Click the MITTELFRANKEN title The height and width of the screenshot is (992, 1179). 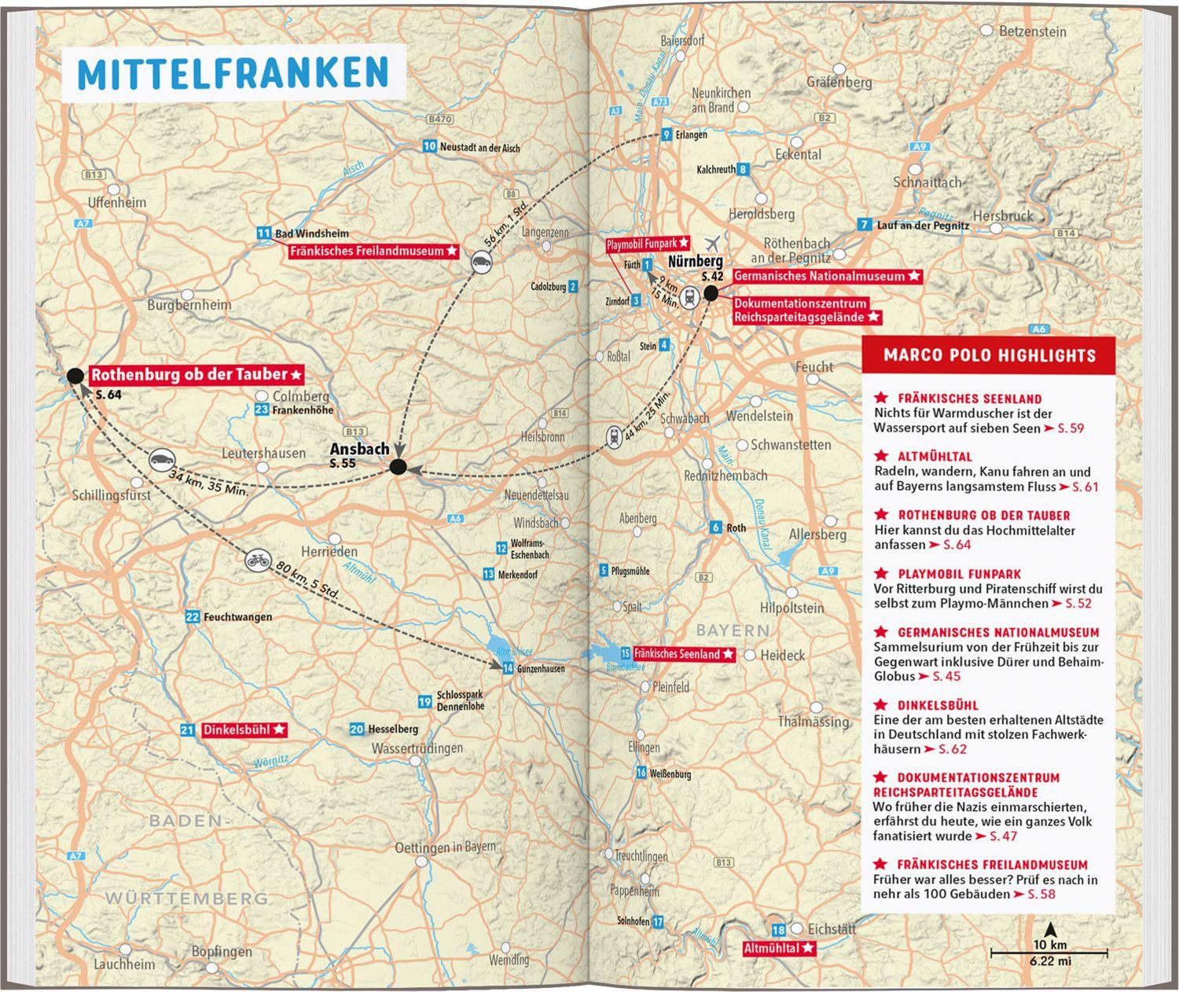coord(233,72)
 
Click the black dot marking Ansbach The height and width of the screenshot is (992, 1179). coord(399,468)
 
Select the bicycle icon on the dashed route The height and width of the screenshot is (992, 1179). coord(257,560)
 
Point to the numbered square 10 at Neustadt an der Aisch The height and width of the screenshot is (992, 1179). coord(429,145)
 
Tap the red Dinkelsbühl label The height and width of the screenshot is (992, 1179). coord(244,729)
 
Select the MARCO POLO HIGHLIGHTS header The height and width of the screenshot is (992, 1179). coord(989,355)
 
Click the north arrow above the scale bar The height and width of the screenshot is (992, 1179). coord(1049,928)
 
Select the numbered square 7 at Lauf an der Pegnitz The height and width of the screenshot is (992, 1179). coord(864,225)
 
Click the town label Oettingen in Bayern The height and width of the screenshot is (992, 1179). coord(446,847)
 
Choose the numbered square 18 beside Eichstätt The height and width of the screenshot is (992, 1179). coord(778,929)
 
